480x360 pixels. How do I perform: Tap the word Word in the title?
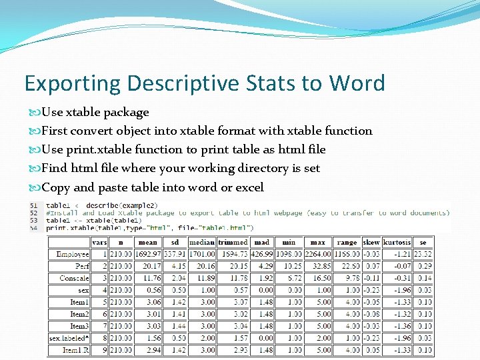(x=357, y=83)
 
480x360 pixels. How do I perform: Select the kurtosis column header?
(x=397, y=243)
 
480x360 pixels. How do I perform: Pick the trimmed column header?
(x=233, y=243)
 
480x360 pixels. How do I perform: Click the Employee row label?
(x=73, y=255)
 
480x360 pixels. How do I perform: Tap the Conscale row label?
(x=74, y=279)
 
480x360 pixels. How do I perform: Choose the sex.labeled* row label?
(x=69, y=338)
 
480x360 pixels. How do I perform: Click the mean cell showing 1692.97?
(x=147, y=255)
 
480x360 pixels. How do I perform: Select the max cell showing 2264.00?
(x=318, y=255)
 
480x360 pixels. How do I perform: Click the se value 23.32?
(x=422, y=255)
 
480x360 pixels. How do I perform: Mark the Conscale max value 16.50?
(x=321, y=279)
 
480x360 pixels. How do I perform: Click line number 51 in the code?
(x=33, y=205)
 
